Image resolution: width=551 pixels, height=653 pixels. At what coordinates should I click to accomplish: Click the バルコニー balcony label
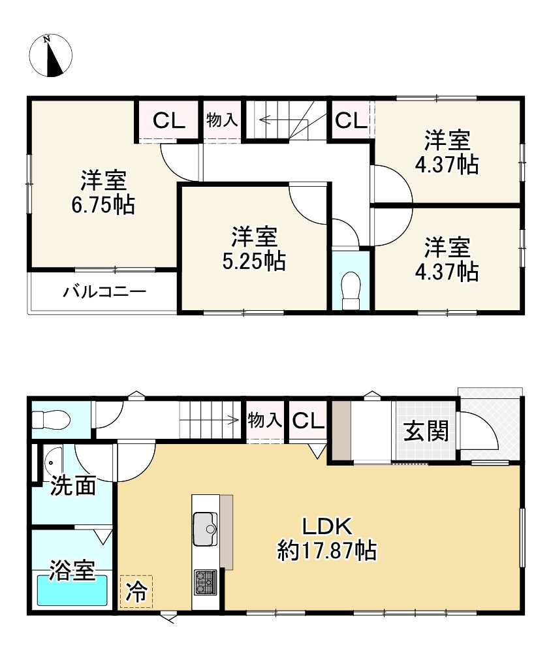pyautogui.click(x=104, y=291)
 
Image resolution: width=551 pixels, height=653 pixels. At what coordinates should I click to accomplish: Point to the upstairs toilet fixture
pyautogui.click(x=351, y=289)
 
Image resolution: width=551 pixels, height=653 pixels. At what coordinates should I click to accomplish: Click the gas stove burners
pyautogui.click(x=205, y=581)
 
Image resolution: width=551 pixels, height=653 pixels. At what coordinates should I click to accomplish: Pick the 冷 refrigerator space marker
pyautogui.click(x=136, y=592)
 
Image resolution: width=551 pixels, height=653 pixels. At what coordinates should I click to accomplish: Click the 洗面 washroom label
pyautogui.click(x=74, y=486)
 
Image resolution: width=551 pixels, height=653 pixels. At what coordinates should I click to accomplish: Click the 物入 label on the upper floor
pyautogui.click(x=222, y=119)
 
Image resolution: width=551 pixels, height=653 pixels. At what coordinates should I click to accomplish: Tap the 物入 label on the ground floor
pyautogui.click(x=265, y=421)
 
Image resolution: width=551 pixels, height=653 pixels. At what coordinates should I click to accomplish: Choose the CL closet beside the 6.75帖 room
pyautogui.click(x=169, y=120)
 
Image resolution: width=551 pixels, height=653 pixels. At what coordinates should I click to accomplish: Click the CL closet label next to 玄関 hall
pyautogui.click(x=308, y=421)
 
